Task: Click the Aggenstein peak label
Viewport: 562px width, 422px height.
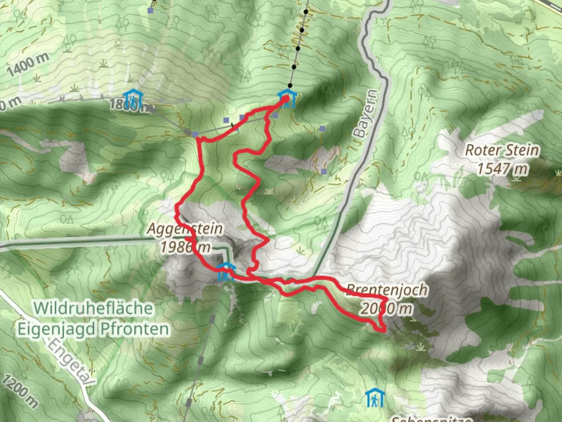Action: pyautogui.click(x=185, y=229)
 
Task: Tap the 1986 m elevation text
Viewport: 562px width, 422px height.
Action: pyautogui.click(x=186, y=247)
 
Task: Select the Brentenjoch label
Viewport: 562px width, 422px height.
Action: pyautogui.click(x=387, y=290)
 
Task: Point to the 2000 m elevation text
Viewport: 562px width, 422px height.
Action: pyautogui.click(x=386, y=309)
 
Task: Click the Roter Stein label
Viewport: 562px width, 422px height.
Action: pyautogui.click(x=502, y=150)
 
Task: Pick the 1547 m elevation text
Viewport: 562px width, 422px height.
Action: pyautogui.click(x=502, y=169)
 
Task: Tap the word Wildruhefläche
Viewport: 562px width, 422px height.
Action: pyautogui.click(x=93, y=308)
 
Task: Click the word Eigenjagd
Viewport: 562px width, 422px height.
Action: pyautogui.click(x=56, y=329)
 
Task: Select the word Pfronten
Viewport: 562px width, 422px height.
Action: pyautogui.click(x=135, y=329)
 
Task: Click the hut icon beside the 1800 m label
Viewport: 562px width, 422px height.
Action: pyautogui.click(x=132, y=99)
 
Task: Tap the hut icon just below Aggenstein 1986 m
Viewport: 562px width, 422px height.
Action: pyautogui.click(x=226, y=272)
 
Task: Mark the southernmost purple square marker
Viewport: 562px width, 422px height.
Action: pyautogui.click(x=324, y=171)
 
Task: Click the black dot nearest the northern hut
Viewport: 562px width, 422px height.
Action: pyautogui.click(x=290, y=85)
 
